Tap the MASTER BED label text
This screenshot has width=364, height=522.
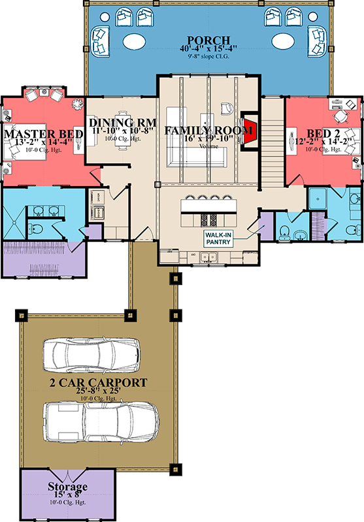(x=44, y=134)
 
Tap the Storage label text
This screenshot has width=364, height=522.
(x=67, y=487)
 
